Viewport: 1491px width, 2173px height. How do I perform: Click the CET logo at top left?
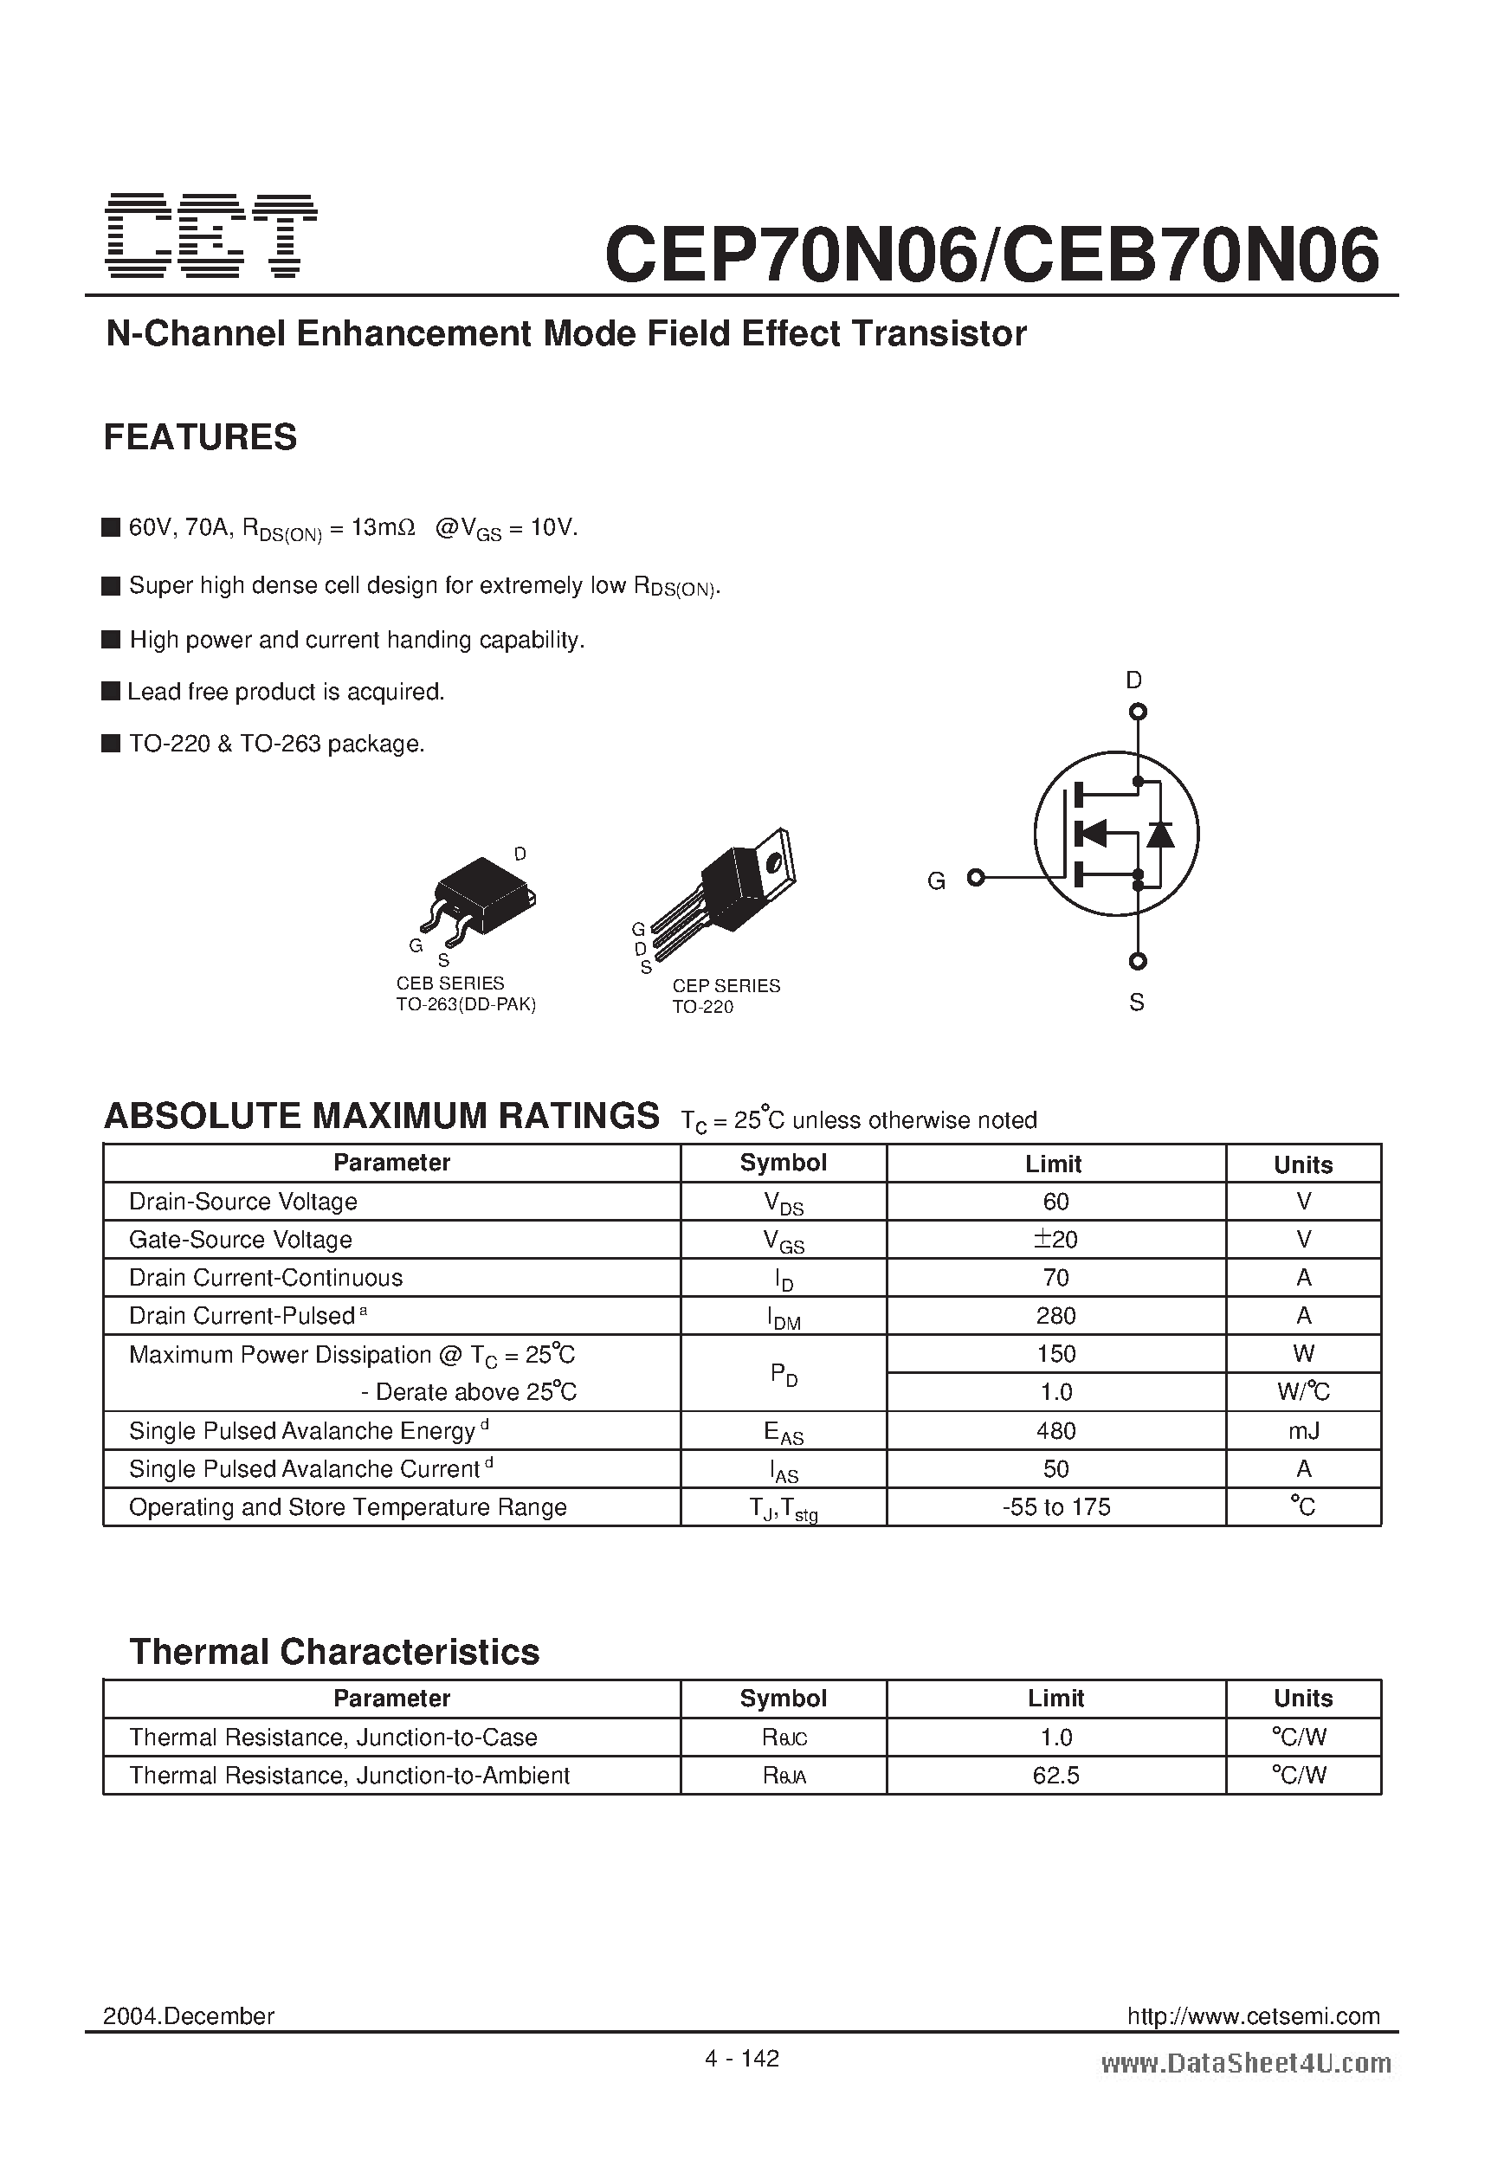pos(211,235)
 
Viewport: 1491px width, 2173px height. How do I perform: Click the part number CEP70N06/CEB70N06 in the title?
pos(991,255)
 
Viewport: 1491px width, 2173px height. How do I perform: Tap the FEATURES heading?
pos(200,437)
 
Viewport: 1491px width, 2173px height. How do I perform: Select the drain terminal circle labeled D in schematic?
pos(1138,713)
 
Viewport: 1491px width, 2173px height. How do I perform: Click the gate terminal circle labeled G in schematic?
pos(976,877)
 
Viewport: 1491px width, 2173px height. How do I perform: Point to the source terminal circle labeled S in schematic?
pos(1138,961)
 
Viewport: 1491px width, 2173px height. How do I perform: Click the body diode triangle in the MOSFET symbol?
pos(1160,833)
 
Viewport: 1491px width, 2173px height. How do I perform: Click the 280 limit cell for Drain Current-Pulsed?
pos(1055,1316)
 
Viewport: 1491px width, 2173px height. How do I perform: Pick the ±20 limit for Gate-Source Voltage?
pos(1055,1239)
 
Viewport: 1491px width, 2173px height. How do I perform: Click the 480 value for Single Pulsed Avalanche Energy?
pos(1055,1430)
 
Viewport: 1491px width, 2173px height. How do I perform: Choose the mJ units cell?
pos(1303,1430)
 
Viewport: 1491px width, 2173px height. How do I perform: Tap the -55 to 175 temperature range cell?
pos(1055,1507)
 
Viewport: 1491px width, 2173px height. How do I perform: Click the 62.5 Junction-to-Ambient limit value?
pos(1055,1776)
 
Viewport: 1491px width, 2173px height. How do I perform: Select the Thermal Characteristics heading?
pos(334,1652)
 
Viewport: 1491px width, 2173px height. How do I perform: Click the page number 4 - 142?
pos(742,2058)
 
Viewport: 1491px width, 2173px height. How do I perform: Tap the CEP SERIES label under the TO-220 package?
pos(726,985)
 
